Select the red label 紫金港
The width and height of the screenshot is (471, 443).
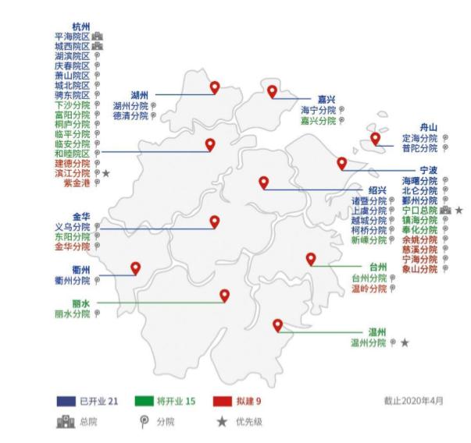coord(77,183)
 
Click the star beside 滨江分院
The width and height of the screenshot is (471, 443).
coord(105,173)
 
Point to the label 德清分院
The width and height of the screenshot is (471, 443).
coord(130,115)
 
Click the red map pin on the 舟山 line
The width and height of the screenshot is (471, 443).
coord(376,139)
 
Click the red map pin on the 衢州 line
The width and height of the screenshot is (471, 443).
coord(135,268)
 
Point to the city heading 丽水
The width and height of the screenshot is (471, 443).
coord(81,303)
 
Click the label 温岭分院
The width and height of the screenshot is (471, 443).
coord(369,288)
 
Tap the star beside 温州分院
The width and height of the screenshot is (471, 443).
coord(405,342)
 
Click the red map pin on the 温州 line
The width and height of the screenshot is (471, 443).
coord(277,325)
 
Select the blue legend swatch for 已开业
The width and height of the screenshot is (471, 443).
coord(66,401)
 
